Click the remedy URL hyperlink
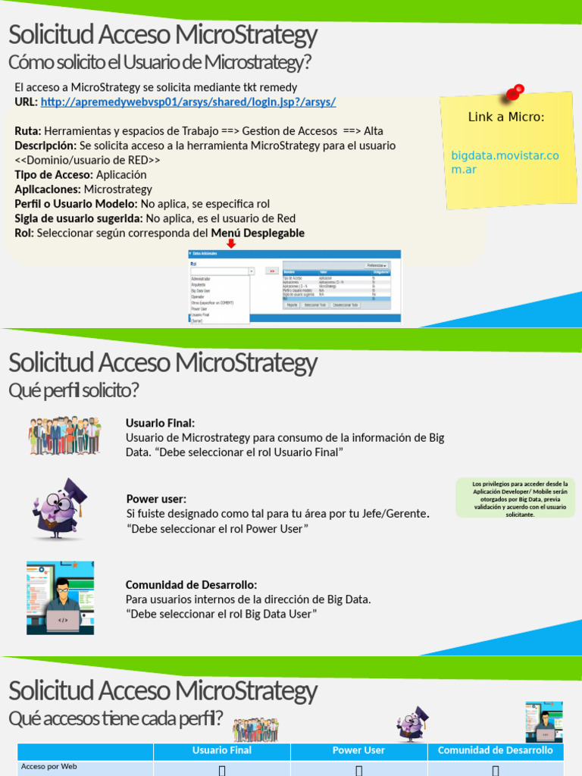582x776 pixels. click(x=188, y=102)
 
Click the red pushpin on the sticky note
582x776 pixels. click(x=514, y=93)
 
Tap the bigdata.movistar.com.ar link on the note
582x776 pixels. click(x=505, y=162)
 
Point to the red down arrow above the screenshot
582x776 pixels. click(x=232, y=243)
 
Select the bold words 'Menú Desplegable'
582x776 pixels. click(x=258, y=233)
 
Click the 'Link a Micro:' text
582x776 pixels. click(x=506, y=117)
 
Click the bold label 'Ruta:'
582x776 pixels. click(x=28, y=131)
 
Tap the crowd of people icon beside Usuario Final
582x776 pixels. click(x=65, y=435)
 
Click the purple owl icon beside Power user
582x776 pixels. click(x=59, y=508)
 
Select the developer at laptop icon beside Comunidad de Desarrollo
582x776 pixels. click(x=61, y=597)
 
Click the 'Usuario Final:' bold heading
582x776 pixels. click(x=160, y=423)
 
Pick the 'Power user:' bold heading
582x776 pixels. click(x=156, y=499)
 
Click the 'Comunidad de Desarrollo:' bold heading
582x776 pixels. click(x=191, y=585)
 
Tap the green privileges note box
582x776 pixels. click(x=515, y=498)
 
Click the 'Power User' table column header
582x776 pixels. click(x=358, y=750)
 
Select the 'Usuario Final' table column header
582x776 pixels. click(x=221, y=750)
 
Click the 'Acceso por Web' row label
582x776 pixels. click(x=49, y=767)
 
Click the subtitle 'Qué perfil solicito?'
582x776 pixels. click(x=74, y=391)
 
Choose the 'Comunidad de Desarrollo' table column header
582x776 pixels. click(x=496, y=750)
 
